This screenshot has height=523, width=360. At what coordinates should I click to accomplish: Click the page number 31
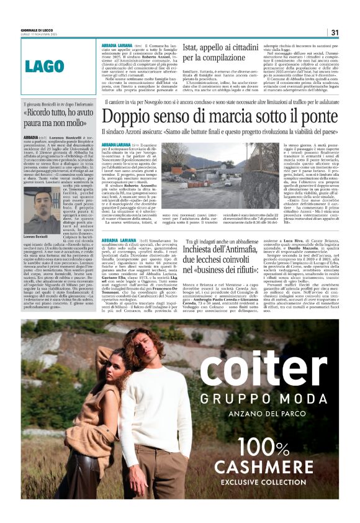pyautogui.click(x=334, y=32)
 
